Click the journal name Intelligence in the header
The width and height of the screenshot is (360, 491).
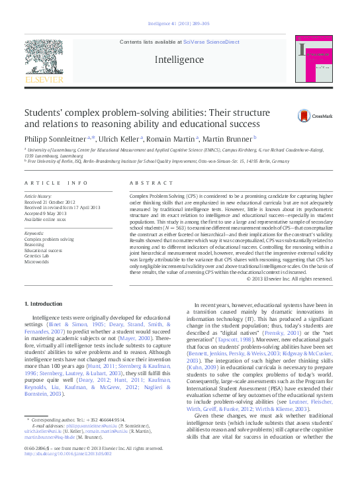(x=179, y=60)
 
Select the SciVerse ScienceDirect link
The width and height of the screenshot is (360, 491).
(x=212, y=42)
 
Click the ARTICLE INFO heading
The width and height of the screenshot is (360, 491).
(x=56, y=183)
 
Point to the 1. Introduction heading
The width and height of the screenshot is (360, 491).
(x=43, y=304)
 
